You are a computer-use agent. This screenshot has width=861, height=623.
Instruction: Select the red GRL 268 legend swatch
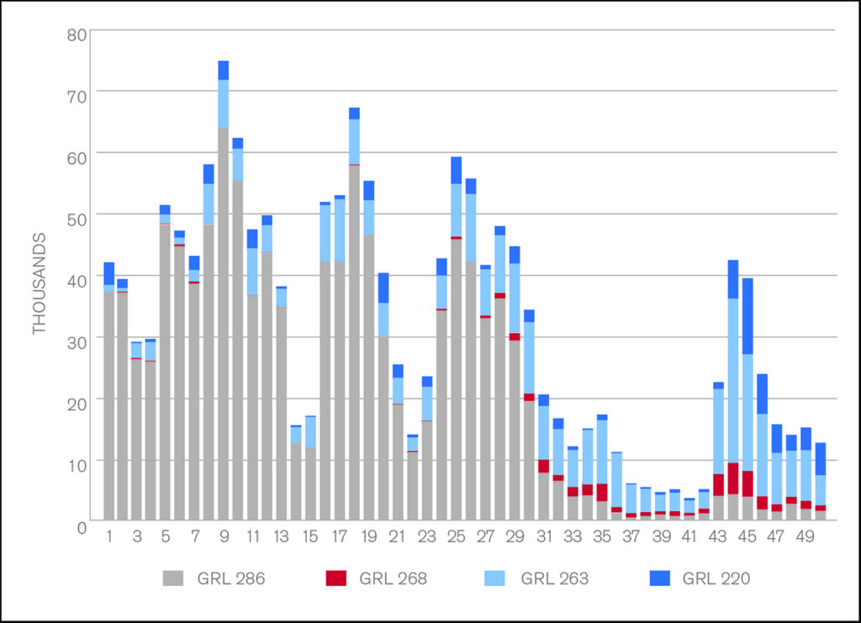335,578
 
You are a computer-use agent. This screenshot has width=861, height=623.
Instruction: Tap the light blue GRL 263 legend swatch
496,578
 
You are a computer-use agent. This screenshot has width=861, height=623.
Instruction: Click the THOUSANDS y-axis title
40,284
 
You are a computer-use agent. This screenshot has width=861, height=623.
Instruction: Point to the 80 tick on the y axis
76,35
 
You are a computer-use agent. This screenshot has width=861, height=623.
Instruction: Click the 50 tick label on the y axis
76,219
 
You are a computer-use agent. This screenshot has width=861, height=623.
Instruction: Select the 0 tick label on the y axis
82,527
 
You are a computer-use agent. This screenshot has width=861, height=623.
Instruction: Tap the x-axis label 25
457,536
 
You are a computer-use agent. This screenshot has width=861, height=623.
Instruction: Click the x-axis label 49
806,536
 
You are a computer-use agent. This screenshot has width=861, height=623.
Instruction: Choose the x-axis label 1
108,536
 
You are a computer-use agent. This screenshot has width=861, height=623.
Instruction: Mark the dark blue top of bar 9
224,71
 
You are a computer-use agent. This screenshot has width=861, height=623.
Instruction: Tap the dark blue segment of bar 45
747,316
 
